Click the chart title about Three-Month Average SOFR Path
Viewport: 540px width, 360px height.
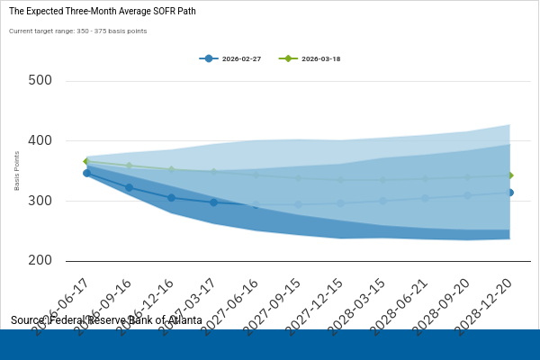click(103, 12)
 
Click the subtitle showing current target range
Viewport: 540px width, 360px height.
click(78, 31)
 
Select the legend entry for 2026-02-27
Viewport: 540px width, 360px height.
click(229, 58)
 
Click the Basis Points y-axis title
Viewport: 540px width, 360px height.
click(17, 171)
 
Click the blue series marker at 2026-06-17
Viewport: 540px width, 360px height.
click(86, 173)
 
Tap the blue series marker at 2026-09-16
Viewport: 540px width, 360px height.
click(129, 187)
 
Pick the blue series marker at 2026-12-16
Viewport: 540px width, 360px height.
click(171, 198)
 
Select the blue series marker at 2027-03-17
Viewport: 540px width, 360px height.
click(213, 202)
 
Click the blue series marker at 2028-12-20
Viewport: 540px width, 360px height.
click(509, 193)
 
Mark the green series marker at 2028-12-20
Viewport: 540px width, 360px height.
click(509, 175)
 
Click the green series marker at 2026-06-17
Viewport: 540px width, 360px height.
click(86, 162)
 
